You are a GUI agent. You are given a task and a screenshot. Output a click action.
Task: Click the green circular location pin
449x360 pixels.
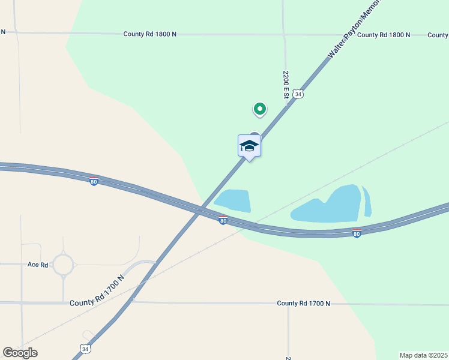point(259,109)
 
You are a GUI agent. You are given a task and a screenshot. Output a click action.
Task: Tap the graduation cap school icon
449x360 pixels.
point(249,146)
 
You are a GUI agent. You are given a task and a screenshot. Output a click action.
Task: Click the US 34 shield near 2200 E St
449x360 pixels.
point(299,94)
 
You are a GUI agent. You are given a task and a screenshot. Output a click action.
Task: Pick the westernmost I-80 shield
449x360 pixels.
point(94,181)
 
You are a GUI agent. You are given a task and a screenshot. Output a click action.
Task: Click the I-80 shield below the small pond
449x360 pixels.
point(223,221)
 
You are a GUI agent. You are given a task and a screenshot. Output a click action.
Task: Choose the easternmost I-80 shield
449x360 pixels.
point(357,233)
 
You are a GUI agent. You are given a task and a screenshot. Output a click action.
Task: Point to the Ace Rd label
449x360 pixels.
point(37,264)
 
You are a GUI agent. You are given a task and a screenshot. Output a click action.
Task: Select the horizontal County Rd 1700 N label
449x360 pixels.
point(303,304)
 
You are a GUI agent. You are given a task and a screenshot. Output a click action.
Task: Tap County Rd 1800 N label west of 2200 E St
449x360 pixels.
point(150,34)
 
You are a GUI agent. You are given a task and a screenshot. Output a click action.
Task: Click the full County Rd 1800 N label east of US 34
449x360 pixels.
point(384,35)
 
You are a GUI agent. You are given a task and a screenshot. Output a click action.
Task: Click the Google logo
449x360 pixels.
point(20,352)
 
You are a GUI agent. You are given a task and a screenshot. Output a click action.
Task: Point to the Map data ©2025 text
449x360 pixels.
point(423,355)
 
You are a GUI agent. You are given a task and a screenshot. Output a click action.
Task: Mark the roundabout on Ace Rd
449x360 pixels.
point(63,264)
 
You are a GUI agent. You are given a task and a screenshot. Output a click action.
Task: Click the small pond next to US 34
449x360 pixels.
point(233,200)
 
